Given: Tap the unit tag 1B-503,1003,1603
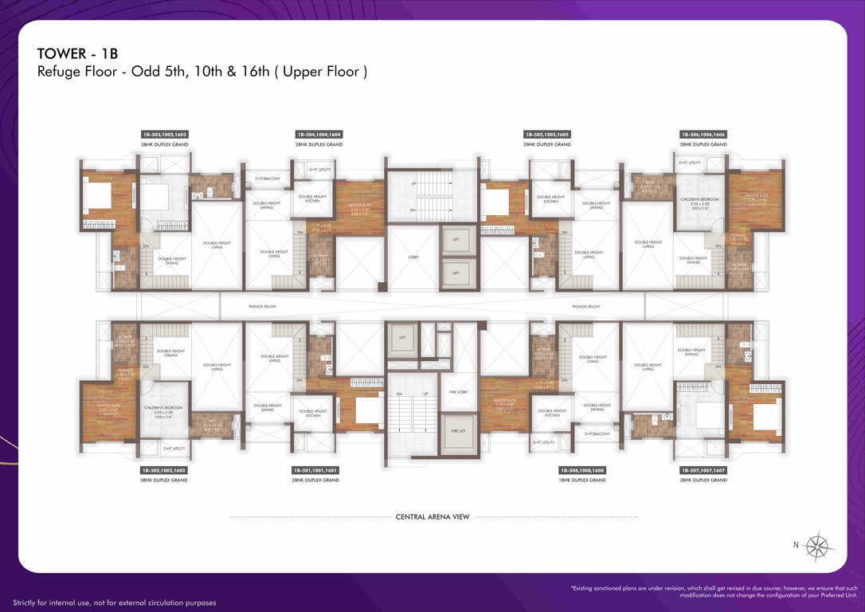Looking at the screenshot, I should (x=165, y=135).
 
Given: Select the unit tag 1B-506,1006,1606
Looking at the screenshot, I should (x=703, y=135).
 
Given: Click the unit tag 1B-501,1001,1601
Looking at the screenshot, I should (x=316, y=470).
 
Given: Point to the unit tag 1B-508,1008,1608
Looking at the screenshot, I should (x=582, y=470).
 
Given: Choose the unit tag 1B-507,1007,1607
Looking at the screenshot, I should (x=703, y=470).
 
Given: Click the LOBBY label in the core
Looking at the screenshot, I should (x=413, y=257).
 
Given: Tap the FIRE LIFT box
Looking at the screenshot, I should (x=457, y=430).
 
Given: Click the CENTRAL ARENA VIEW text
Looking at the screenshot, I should (x=432, y=516).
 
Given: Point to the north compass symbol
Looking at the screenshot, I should (x=818, y=547).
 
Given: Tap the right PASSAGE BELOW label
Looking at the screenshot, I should (x=585, y=306).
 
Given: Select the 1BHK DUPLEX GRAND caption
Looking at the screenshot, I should (x=582, y=481).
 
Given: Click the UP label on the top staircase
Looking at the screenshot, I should (x=413, y=183).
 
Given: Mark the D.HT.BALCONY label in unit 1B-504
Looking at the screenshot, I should (x=268, y=178).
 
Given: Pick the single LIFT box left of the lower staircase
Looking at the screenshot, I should (x=401, y=338).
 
